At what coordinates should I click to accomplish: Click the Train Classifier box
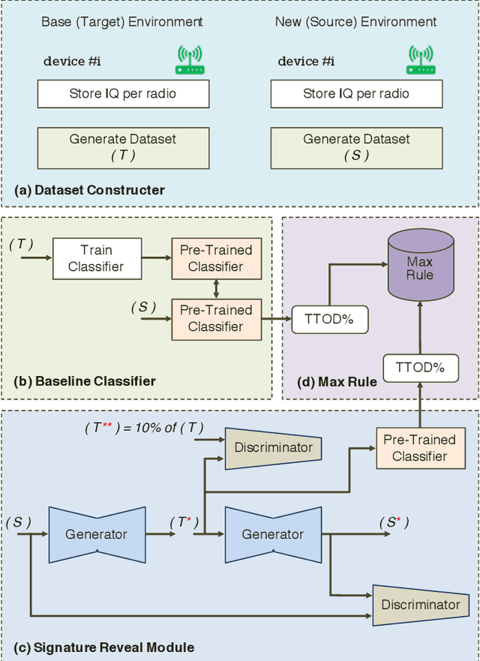coord(97,258)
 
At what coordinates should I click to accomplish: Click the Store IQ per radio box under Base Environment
coord(123,94)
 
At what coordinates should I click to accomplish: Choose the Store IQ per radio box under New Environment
coord(356,94)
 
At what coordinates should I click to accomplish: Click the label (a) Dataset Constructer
coord(89,191)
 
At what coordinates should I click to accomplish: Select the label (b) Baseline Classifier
coord(85,381)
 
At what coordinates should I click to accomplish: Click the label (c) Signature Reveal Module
coord(104,647)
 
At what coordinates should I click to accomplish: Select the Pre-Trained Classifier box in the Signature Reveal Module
coord(419,449)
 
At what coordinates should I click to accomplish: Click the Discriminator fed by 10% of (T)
coord(273,447)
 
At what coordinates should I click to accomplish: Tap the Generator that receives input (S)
coord(97,534)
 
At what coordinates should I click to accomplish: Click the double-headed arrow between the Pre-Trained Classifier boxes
coord(216,288)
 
